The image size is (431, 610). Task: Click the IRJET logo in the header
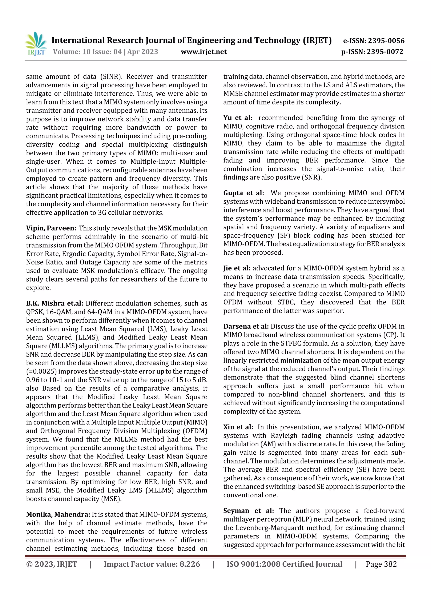(x=36, y=44)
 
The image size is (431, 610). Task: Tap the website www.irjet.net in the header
(x=204, y=52)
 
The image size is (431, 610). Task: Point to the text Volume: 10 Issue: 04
(x=87, y=52)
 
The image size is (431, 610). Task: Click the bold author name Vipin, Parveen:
(x=51, y=228)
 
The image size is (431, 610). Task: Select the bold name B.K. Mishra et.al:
(x=55, y=303)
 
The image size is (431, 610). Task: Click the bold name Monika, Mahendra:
(x=58, y=515)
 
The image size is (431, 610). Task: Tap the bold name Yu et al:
(x=238, y=118)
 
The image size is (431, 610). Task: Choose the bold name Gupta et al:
(x=243, y=193)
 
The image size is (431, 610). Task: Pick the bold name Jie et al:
(x=237, y=268)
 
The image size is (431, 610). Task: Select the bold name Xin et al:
(x=238, y=427)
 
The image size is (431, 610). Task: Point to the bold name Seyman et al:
(x=248, y=511)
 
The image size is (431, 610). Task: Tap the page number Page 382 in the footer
(x=381, y=564)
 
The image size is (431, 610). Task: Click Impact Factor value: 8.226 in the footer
(x=152, y=564)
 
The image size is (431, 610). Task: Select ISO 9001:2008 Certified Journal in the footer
(x=284, y=564)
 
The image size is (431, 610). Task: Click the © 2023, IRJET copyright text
(x=52, y=564)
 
